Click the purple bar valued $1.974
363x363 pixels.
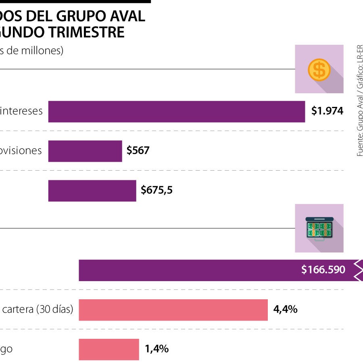click(176, 111)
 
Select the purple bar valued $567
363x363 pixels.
click(85, 151)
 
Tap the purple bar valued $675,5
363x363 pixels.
click(92, 190)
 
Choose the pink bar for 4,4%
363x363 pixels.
click(173, 309)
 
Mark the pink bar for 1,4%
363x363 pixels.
click(108, 349)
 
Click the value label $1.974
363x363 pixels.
click(327, 111)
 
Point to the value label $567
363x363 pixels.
click(138, 151)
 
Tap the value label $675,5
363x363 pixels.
click(157, 190)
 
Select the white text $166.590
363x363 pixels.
click(323, 270)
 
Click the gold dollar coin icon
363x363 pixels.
click(319, 69)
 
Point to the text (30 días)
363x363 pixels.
click(55, 309)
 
